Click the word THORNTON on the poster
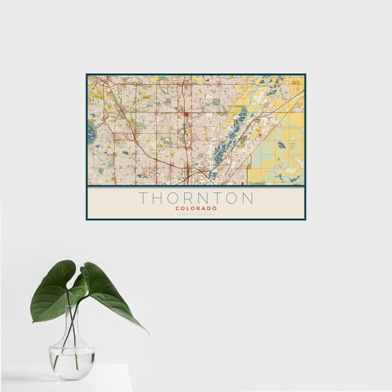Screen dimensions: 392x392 tap(196, 198)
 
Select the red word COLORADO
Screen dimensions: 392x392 tap(196, 208)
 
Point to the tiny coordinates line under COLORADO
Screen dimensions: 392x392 tap(196, 214)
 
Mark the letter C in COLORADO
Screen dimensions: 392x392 tap(176, 208)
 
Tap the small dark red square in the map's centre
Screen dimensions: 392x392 tap(186, 114)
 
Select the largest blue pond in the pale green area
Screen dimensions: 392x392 tap(280, 144)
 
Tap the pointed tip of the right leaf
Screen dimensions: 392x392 tap(147, 333)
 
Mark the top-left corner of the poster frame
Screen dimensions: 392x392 tap(87, 74)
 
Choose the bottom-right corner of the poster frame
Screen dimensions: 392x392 tap(305, 219)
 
